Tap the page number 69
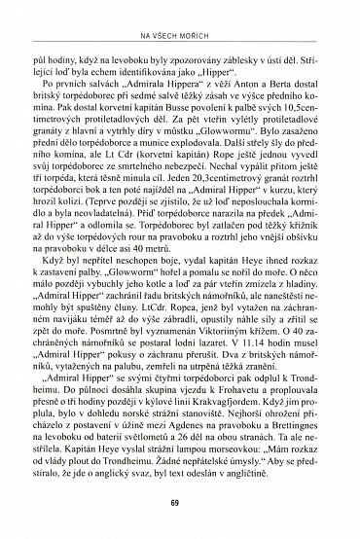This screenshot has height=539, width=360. click(x=180, y=503)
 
